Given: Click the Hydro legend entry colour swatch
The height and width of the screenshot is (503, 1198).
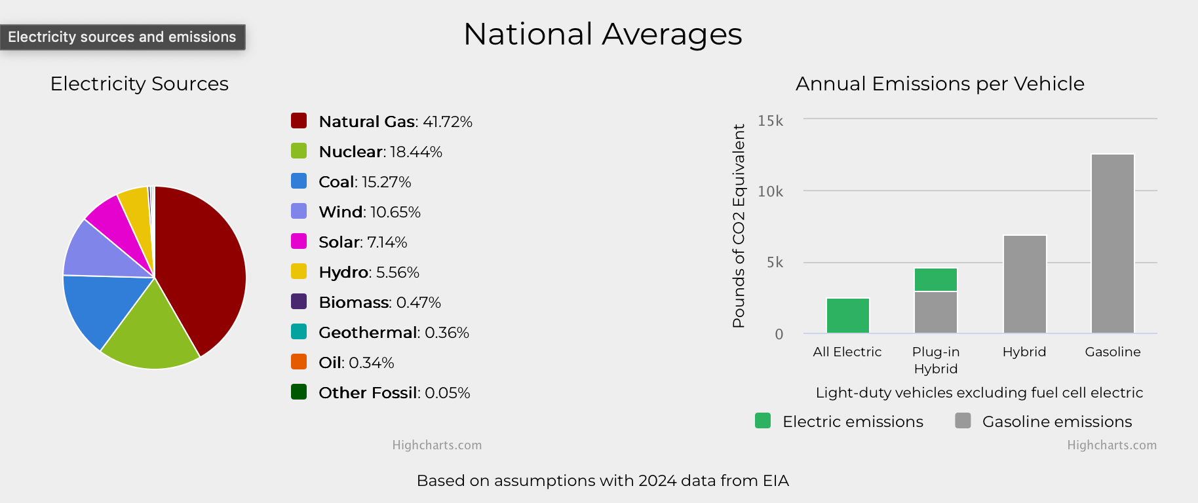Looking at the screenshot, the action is click(x=299, y=271).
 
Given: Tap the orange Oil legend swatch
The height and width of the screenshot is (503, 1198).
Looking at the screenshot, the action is click(x=299, y=362).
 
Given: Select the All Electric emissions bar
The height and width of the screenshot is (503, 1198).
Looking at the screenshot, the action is click(x=848, y=316).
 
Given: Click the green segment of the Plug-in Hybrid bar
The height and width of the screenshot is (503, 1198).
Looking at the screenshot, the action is click(x=936, y=280).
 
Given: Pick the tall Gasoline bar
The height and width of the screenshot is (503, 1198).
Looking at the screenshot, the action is click(x=1113, y=244).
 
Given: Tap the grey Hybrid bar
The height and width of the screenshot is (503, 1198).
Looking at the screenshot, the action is click(x=1025, y=284).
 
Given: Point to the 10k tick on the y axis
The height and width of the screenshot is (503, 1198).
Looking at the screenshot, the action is click(x=770, y=191).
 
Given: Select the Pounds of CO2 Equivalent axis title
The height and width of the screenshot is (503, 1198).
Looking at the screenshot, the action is click(x=739, y=226).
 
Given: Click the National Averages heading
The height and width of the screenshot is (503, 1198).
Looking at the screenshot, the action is click(x=603, y=34).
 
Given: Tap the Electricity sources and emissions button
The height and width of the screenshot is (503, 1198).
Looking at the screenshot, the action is click(x=123, y=37).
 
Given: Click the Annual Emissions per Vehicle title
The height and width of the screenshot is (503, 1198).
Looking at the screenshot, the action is click(x=940, y=84).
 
